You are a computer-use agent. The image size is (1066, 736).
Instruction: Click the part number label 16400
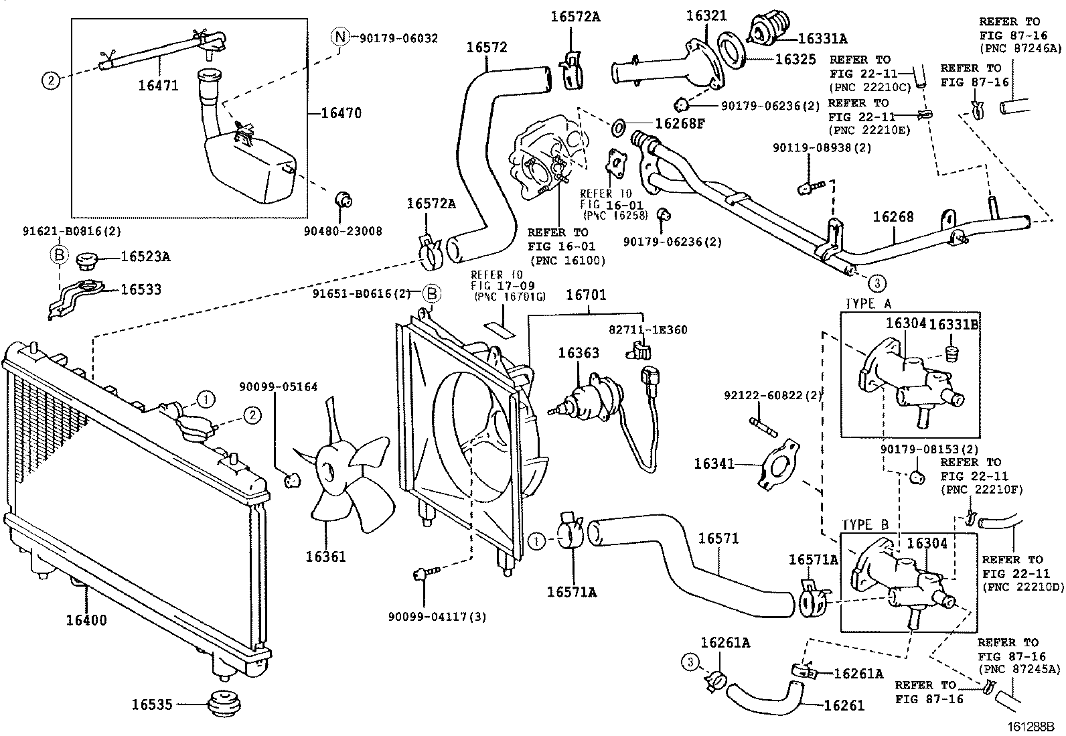click(86, 620)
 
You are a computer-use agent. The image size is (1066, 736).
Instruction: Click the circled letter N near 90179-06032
click(340, 38)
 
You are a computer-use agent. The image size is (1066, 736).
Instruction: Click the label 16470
click(341, 113)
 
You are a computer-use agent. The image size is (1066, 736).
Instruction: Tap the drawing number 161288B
click(1033, 726)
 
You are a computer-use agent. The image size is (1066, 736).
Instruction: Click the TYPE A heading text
click(868, 304)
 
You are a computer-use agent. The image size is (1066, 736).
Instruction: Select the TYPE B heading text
click(865, 525)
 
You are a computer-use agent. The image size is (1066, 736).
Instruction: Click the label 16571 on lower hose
click(718, 538)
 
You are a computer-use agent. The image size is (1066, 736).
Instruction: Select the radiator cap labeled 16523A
click(88, 259)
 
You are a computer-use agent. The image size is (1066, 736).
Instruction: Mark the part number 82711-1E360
click(648, 329)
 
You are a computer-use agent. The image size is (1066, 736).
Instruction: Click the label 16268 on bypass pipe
click(893, 216)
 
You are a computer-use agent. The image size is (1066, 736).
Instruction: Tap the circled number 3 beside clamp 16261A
click(690, 663)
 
